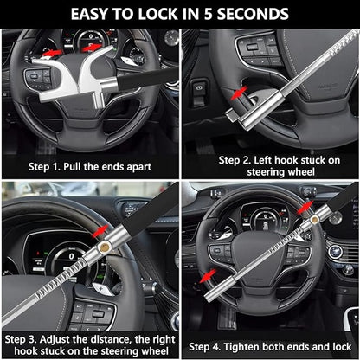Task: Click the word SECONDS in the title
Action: coord(246,14)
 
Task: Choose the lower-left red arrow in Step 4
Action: coord(209,275)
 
